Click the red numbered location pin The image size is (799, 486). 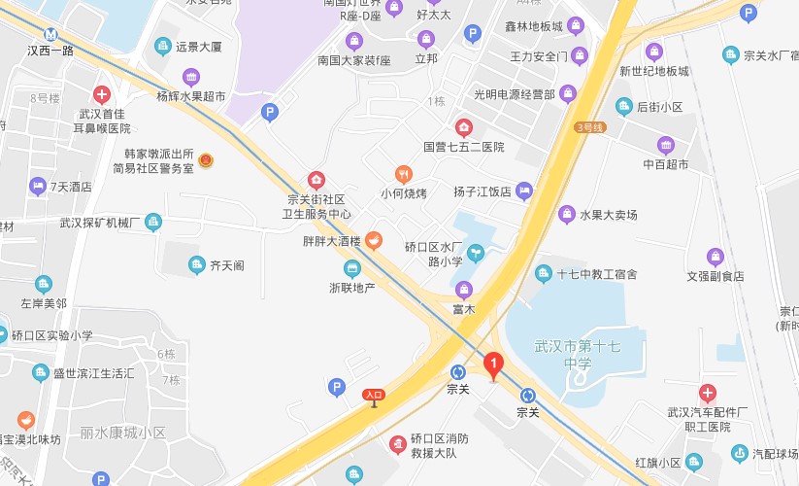[493, 366]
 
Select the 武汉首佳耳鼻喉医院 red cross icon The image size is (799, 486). [101, 94]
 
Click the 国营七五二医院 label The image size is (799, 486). [464, 147]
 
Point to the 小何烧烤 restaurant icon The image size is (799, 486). [404, 174]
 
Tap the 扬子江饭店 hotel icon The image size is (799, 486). [524, 191]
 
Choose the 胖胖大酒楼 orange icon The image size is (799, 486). [373, 240]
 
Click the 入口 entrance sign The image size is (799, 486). [374, 395]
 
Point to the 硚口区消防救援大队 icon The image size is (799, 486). [397, 444]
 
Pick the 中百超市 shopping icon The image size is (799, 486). [665, 145]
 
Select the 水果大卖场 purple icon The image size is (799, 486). [566, 214]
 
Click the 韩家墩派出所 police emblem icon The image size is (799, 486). [206, 160]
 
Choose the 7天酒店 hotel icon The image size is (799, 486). [38, 186]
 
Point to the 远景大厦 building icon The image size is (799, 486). [162, 46]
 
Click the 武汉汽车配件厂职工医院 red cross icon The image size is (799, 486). [708, 394]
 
